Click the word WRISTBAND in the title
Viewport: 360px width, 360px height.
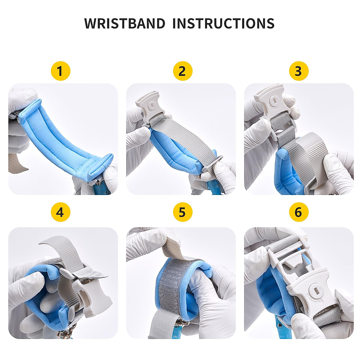[x=124, y=23]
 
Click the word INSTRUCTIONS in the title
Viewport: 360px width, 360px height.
[x=223, y=23]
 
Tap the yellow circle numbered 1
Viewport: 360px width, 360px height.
[x=60, y=71]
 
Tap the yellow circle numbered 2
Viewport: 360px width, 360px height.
[x=182, y=71]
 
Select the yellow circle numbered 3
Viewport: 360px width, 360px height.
[x=298, y=71]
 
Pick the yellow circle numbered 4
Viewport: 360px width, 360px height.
[x=60, y=212]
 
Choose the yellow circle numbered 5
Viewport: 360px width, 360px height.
[x=182, y=212]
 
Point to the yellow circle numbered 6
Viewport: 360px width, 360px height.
[x=298, y=212]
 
